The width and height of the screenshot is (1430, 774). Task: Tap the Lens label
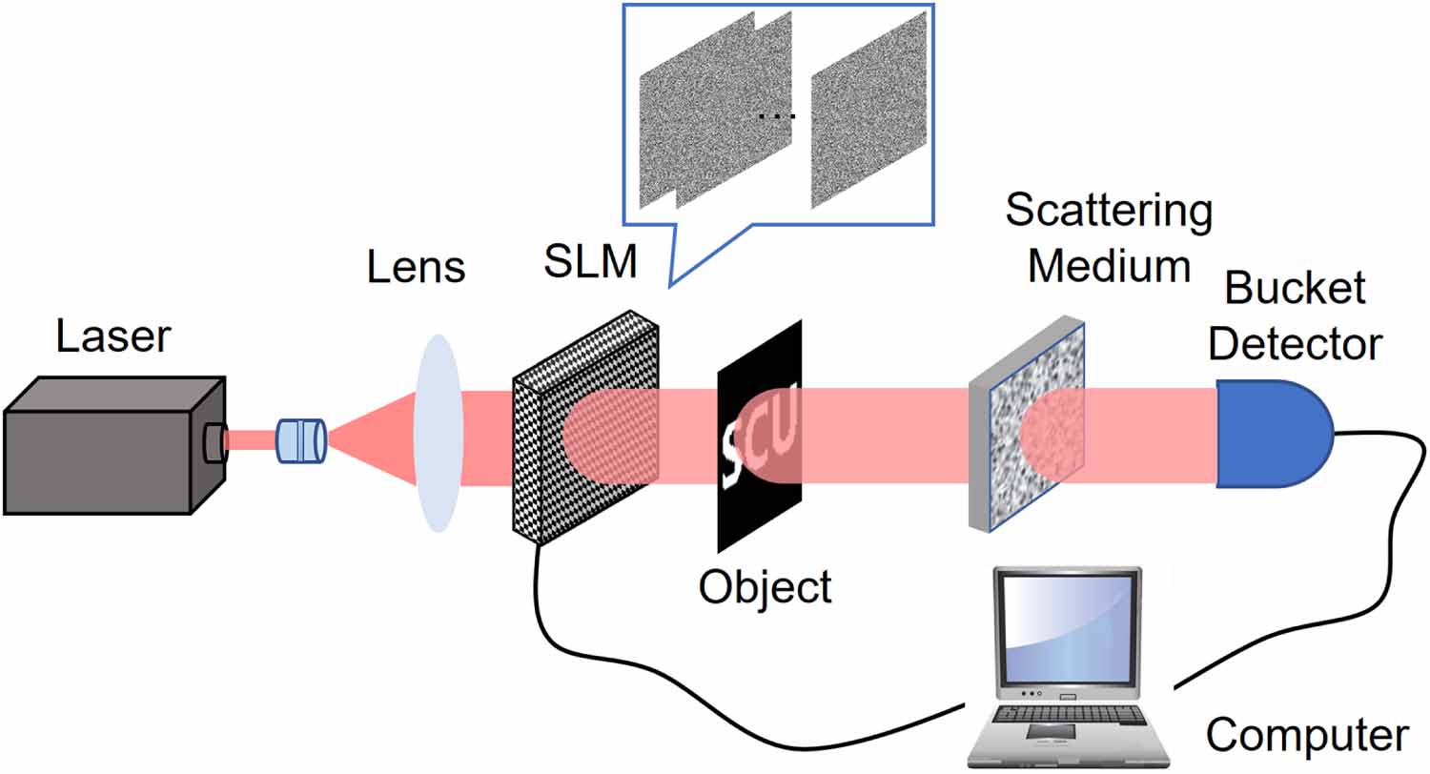click(x=417, y=268)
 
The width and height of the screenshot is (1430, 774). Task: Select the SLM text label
click(x=590, y=261)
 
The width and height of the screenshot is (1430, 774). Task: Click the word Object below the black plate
click(x=766, y=586)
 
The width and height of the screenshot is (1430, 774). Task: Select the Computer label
click(x=1306, y=735)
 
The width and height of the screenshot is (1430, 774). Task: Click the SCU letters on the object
click(x=759, y=439)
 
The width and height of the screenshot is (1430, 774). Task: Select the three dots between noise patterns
click(x=776, y=117)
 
